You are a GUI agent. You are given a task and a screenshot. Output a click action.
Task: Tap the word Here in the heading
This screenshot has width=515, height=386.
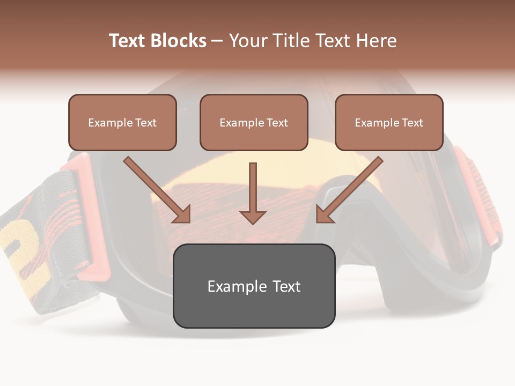(376, 41)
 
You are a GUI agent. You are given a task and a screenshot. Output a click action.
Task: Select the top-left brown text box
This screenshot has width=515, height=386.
(122, 122)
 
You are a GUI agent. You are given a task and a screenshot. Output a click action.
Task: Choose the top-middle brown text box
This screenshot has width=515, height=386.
(254, 122)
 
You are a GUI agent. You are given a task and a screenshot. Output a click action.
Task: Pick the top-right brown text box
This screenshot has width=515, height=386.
(389, 122)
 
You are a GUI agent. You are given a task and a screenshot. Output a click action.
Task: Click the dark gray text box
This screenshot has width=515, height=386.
(254, 286)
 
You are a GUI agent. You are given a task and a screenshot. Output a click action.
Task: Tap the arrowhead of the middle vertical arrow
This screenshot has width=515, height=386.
(253, 217)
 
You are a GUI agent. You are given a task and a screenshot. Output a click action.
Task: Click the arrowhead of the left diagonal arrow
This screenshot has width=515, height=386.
(182, 214)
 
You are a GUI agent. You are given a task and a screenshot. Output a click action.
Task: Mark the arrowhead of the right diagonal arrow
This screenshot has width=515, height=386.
(324, 214)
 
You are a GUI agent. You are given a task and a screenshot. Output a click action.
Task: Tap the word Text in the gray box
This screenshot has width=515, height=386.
(286, 286)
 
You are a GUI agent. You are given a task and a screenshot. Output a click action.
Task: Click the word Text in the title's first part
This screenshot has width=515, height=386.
(127, 41)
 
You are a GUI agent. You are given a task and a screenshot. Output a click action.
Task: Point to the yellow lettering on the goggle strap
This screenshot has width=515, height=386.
(21, 247)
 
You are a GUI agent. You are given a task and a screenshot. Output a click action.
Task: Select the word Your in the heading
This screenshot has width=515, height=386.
(246, 41)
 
